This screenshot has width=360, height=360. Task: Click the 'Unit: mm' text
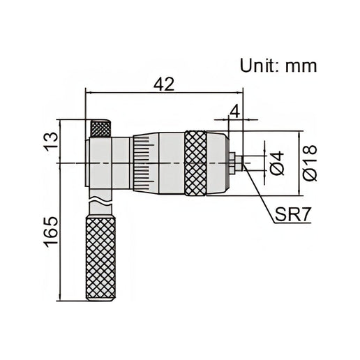(278, 66)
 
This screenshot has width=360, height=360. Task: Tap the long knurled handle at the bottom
(101, 257)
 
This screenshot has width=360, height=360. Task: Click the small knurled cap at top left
(100, 129)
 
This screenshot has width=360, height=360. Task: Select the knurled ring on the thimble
(195, 163)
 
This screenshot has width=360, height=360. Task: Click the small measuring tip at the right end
(238, 163)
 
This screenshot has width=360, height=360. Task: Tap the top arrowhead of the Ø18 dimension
(301, 134)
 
